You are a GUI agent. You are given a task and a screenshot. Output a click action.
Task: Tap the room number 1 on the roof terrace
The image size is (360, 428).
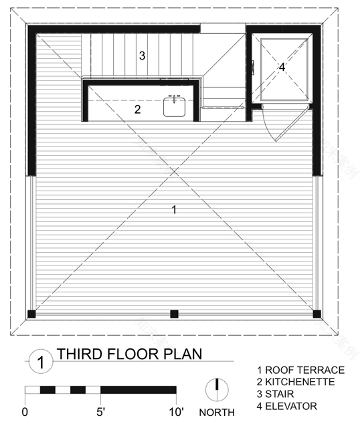click(174, 210)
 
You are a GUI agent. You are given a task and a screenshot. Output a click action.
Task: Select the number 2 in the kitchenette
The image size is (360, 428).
click(137, 110)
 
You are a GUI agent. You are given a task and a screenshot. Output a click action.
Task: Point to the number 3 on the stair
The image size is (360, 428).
click(142, 56)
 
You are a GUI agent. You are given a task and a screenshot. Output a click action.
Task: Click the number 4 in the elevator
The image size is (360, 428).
click(282, 67)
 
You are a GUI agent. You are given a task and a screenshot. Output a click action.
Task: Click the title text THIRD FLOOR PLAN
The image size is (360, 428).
click(128, 353)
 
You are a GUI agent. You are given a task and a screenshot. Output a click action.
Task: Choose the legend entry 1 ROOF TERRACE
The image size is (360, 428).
click(300, 370)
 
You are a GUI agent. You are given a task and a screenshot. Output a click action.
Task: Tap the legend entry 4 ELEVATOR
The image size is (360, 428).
click(291, 406)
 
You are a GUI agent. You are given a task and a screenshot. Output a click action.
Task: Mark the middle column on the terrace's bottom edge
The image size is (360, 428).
click(174, 314)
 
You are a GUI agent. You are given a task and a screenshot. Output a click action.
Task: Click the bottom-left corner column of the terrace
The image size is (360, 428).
click(31, 314)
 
